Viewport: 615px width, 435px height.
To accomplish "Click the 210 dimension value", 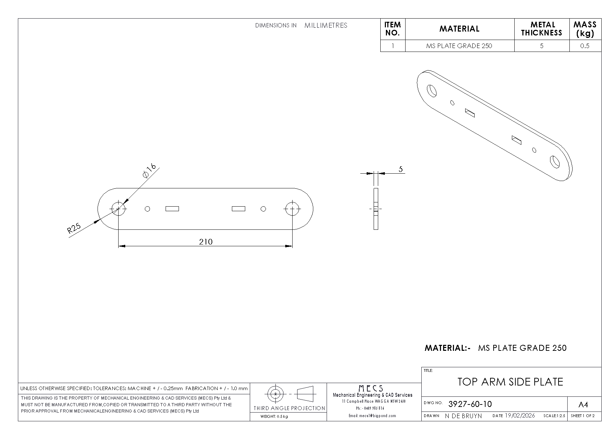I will point(206,242).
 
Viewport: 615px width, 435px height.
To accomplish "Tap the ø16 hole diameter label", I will point(149,170).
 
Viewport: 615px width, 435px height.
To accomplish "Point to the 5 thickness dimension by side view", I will point(401,169).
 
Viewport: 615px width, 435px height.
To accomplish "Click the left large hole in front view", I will point(119,209).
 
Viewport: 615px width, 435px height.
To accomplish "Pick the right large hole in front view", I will point(292,209).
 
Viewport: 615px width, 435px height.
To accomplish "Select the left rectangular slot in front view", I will point(172,209).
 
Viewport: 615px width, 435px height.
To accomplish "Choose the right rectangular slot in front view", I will point(239,209).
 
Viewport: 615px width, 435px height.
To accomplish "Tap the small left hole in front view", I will point(147,209).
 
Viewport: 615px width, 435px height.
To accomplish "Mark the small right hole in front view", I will point(263,209).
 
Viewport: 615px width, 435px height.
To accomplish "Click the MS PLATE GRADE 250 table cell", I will point(459,46).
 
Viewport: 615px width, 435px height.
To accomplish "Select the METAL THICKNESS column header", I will point(542,29).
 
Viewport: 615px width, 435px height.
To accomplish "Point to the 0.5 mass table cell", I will point(585,46).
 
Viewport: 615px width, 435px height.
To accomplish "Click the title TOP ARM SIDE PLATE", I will point(510,382).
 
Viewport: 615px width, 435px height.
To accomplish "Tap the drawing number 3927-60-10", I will point(470,404).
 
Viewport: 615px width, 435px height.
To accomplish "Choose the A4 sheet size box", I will point(583,405).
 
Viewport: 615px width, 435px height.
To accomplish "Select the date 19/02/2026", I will point(520,416).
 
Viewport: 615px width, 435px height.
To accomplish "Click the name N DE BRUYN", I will point(463,416).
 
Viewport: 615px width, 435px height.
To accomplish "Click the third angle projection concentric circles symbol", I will point(276,394).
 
